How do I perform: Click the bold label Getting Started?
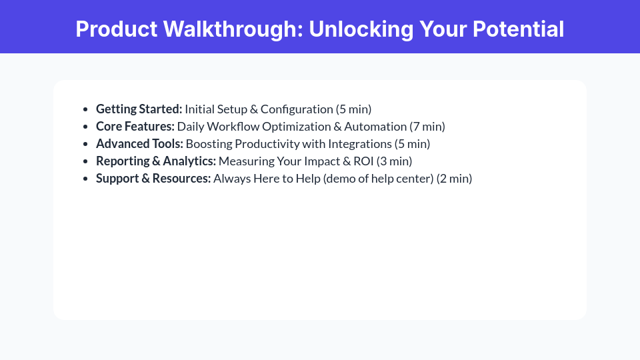(139, 109)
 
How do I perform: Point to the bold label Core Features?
(135, 127)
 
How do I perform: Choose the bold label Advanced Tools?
(139, 144)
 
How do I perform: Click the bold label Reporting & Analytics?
(156, 161)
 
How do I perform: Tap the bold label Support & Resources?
(153, 179)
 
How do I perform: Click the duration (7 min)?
(427, 127)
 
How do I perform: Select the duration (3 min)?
(395, 161)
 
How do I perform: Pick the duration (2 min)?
(454, 179)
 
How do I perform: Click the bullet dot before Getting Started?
(85, 109)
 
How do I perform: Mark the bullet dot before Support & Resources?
(85, 179)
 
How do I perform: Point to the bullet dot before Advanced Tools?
(85, 144)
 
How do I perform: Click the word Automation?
(375, 127)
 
